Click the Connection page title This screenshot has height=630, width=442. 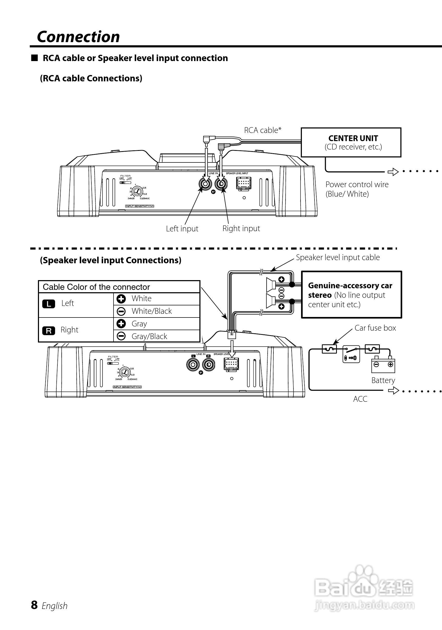(x=78, y=37)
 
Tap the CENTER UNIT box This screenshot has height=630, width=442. (x=351, y=142)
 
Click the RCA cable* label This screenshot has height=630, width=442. (x=263, y=130)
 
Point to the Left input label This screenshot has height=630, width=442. (x=182, y=229)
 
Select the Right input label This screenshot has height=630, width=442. (x=241, y=228)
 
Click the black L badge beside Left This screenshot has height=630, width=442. (x=48, y=304)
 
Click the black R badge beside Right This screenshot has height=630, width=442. (x=48, y=331)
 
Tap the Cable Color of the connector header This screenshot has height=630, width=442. (x=96, y=287)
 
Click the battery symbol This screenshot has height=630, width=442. (x=383, y=365)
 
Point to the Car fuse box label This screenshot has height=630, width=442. (x=375, y=328)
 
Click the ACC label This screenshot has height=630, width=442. (x=360, y=399)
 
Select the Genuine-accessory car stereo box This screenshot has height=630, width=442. (x=351, y=295)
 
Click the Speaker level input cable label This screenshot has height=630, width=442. (x=338, y=257)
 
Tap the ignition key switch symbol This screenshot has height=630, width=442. (x=351, y=355)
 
